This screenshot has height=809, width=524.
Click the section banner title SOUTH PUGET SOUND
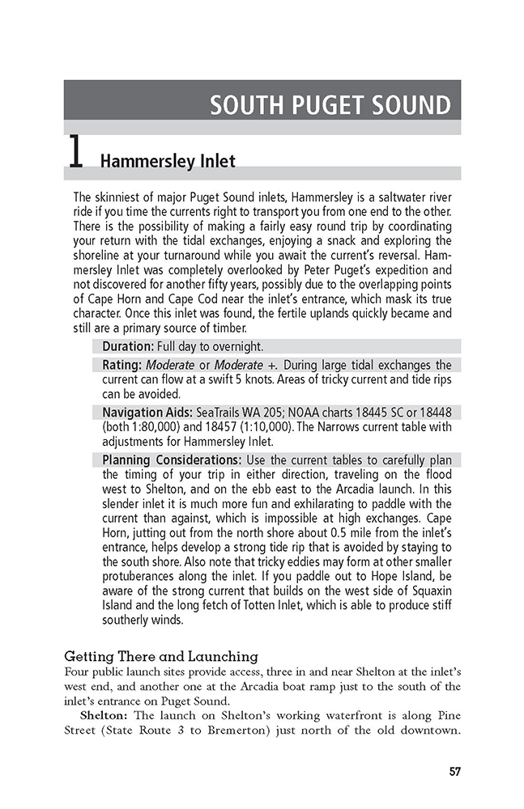click(x=330, y=105)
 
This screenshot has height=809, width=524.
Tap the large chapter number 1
click(x=75, y=154)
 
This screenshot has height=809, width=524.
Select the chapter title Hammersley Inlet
click(x=168, y=161)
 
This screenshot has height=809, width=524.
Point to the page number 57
click(x=454, y=771)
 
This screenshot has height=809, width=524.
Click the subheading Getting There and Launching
click(x=160, y=656)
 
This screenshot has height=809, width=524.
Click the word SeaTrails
click(x=222, y=413)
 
